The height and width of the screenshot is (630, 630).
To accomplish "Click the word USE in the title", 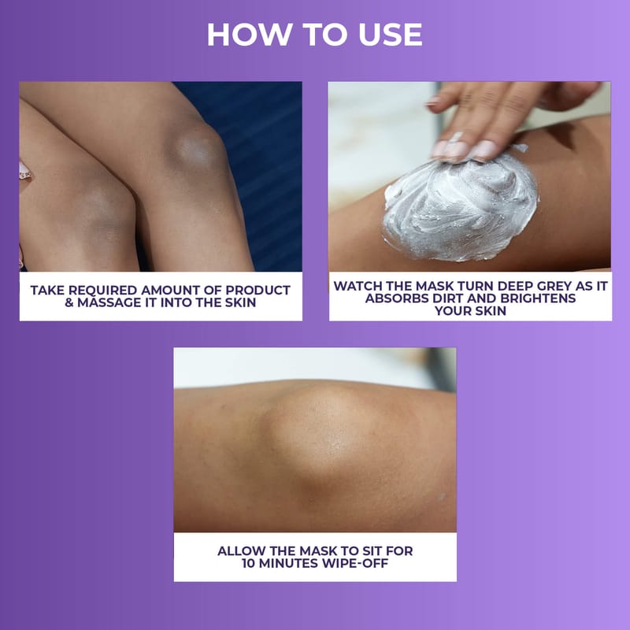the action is (390, 35).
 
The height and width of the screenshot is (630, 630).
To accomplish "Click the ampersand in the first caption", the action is (69, 302).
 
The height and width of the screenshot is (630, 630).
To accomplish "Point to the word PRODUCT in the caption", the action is (258, 290).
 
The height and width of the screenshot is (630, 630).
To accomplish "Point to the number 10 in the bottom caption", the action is (249, 563).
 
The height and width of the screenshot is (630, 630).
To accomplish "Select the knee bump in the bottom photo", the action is (321, 434).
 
